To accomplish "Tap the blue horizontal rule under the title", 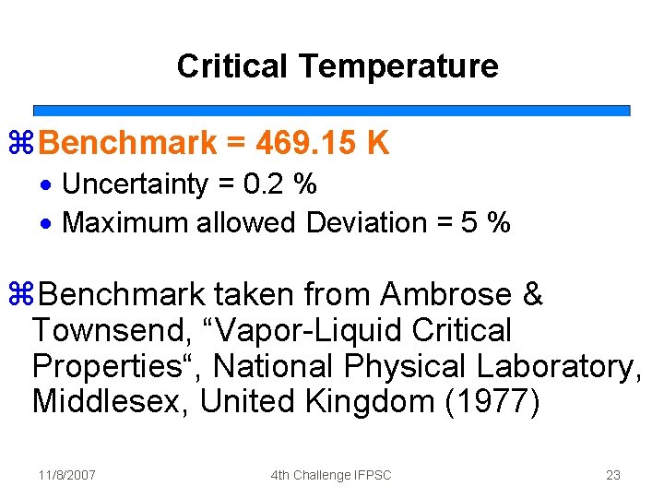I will (x=332, y=110).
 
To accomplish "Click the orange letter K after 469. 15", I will (x=378, y=144).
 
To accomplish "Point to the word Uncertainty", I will (x=135, y=184).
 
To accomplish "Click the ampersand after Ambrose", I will (x=532, y=295).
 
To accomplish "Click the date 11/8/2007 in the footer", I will (x=67, y=475).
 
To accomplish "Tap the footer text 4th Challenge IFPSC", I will (x=331, y=475).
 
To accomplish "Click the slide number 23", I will (x=613, y=475).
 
